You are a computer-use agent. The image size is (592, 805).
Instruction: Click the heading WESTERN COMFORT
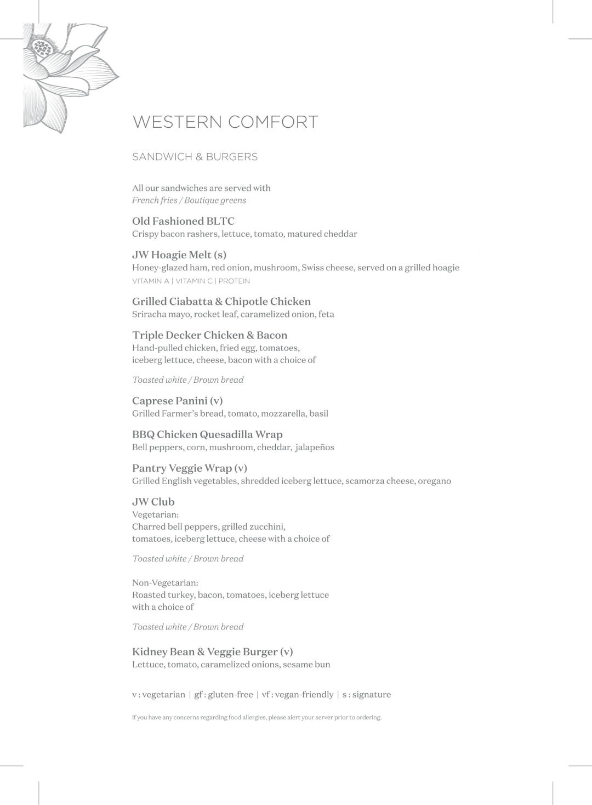225,122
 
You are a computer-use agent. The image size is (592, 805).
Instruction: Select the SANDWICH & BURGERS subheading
195,157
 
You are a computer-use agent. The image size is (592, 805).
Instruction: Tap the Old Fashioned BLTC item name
183,221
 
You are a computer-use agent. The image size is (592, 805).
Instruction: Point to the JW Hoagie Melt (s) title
179,255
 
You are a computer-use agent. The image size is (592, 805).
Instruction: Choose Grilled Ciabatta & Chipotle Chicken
221,302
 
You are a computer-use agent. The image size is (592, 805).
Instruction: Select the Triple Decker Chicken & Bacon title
209,335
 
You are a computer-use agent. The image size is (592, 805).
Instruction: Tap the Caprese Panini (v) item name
177,401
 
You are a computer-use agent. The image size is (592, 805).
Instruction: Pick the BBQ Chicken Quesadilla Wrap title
207,435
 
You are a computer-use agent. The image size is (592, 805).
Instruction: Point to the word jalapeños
315,447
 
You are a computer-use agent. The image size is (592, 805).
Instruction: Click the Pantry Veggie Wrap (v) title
189,468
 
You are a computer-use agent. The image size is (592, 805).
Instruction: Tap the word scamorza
365,481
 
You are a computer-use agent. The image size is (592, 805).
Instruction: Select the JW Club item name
153,502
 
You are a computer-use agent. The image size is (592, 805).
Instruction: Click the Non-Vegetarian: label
165,582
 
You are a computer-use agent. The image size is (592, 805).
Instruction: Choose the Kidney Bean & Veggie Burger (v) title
212,652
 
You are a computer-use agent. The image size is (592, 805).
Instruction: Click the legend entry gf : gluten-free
224,695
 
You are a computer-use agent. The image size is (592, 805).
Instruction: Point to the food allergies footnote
257,717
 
